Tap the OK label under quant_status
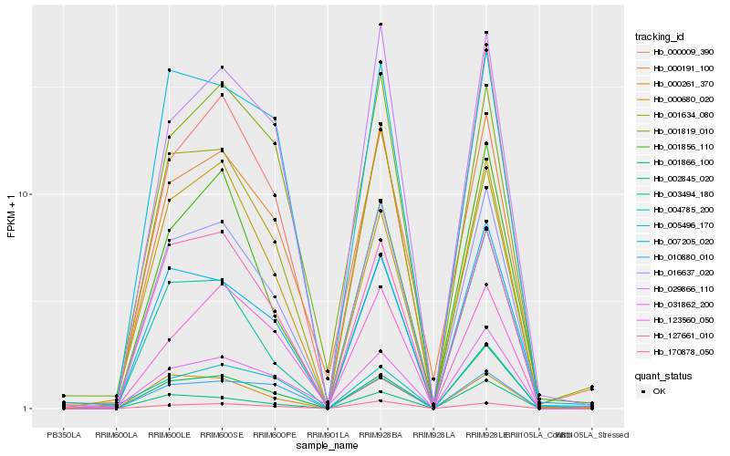660,391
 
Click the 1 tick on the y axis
26,409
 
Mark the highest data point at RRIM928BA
381,25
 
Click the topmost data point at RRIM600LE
170,70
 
